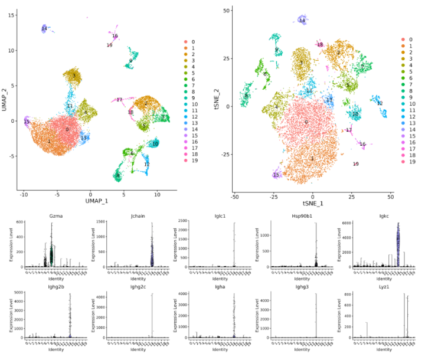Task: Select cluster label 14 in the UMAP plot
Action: click(x=44, y=29)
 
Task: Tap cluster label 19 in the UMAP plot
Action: click(x=109, y=45)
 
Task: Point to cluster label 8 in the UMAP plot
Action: click(x=118, y=175)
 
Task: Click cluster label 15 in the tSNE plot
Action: click(x=276, y=175)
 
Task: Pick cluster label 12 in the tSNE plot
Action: click(x=380, y=103)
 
